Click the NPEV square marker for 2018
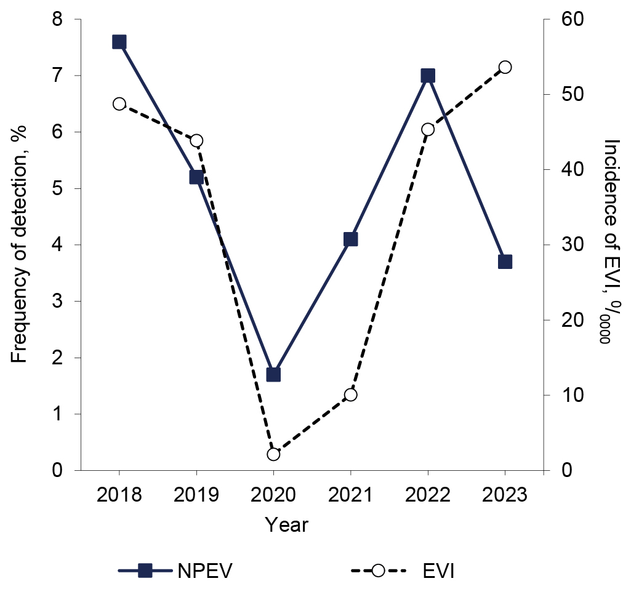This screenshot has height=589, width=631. tap(119, 42)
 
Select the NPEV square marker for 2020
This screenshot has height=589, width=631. tap(273, 374)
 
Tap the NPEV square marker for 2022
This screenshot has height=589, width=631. tap(428, 76)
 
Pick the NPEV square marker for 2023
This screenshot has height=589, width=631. tap(505, 262)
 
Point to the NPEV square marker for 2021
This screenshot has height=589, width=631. tap(351, 239)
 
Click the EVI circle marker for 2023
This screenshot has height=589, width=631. tap(505, 67)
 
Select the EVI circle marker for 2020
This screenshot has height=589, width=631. tap(273, 454)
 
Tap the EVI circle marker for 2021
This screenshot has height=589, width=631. tap(351, 395)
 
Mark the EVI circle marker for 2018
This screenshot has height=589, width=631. tap(119, 103)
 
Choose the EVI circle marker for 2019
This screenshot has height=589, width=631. tap(196, 140)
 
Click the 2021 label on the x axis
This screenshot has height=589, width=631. tap(351, 495)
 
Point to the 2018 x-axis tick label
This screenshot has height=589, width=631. tap(119, 495)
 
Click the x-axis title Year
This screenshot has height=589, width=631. tap(286, 525)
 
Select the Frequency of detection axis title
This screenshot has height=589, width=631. tap(20, 245)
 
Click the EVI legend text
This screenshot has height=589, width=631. tap(438, 571)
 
